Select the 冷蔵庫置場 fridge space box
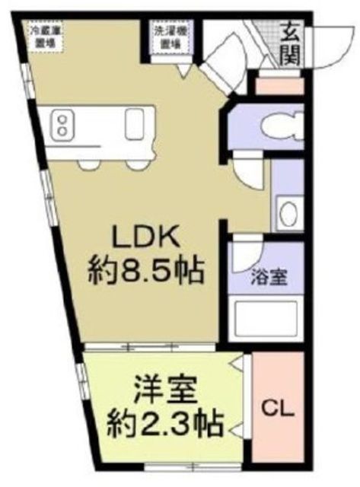tap(45, 37)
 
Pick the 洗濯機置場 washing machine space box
tap(169, 37)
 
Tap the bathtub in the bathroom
tap(266, 317)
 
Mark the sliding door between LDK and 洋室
tap(152, 347)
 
